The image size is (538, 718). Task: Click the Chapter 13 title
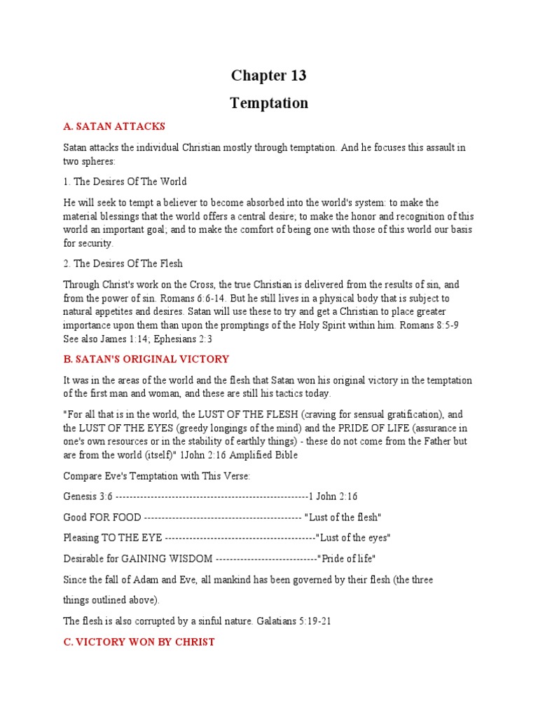269,76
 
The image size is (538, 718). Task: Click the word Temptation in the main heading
269,103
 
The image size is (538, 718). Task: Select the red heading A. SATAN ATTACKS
114,127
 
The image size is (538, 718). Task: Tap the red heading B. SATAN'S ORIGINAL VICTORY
146,360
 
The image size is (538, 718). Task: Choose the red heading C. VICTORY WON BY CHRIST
139,642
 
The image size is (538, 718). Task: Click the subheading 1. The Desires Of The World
125,182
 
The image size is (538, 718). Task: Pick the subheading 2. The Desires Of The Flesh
123,264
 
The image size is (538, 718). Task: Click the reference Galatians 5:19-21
291,621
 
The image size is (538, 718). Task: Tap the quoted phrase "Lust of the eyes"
353,538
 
